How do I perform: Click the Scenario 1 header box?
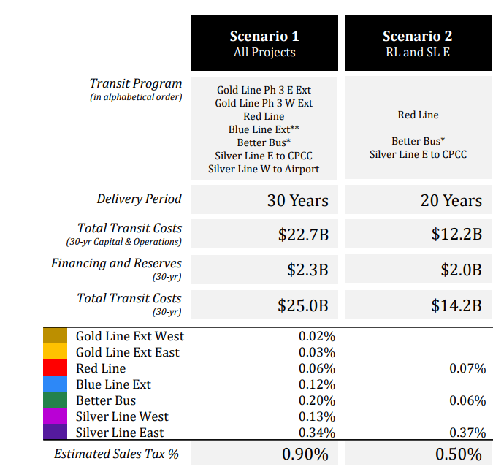(x=264, y=43)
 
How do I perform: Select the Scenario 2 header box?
(x=417, y=43)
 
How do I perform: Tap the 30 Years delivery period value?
(x=297, y=200)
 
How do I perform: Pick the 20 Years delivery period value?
(x=451, y=200)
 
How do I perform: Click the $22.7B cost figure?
(x=303, y=235)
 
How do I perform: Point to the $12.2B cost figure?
(x=456, y=235)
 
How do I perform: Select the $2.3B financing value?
(x=307, y=270)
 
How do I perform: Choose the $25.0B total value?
(x=303, y=305)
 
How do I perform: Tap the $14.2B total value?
(x=456, y=305)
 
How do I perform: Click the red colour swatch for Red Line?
(x=56, y=368)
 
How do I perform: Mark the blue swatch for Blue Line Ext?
(x=56, y=384)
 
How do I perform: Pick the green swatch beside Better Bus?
(x=56, y=400)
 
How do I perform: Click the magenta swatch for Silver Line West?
(x=56, y=416)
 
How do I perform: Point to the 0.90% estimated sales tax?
(x=305, y=454)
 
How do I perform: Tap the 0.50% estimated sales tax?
(x=459, y=454)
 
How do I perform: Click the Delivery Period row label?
(x=139, y=199)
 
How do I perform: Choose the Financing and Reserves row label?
(x=116, y=263)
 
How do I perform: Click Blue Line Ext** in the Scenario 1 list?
(x=264, y=129)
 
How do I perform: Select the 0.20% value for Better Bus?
(x=317, y=401)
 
